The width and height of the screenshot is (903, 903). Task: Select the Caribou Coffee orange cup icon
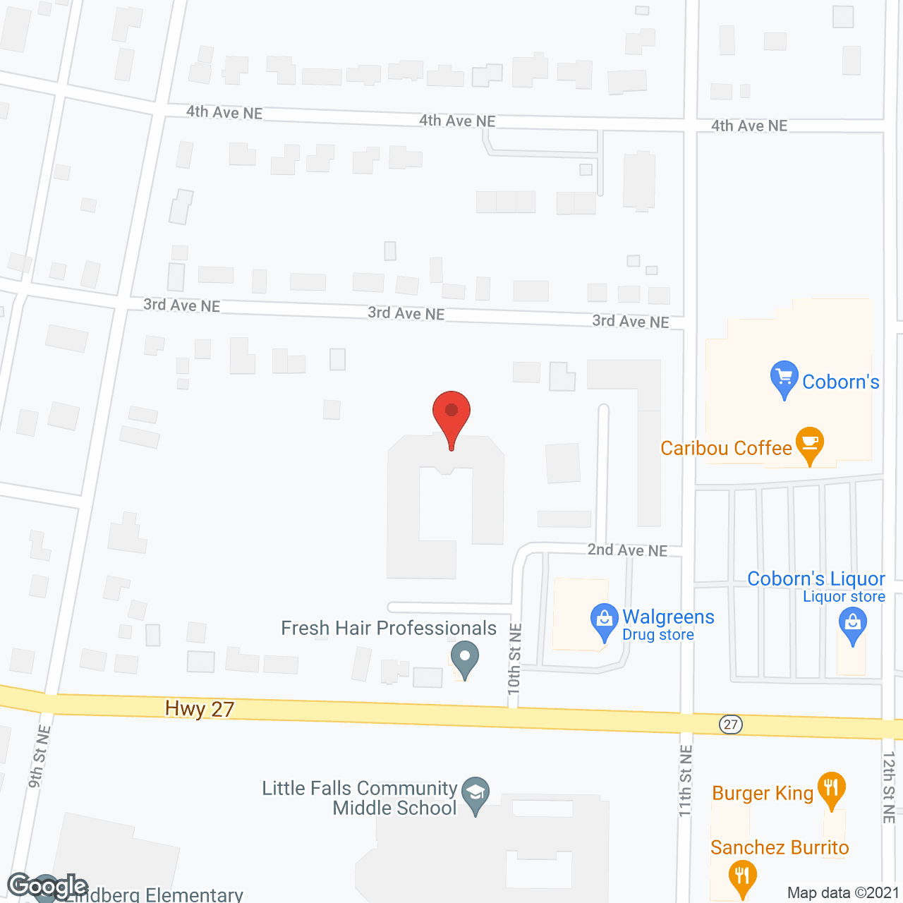(x=810, y=444)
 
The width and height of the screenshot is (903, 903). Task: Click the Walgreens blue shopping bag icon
(x=604, y=620)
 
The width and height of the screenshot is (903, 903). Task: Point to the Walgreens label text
(x=668, y=617)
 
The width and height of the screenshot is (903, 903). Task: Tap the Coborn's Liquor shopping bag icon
(x=853, y=625)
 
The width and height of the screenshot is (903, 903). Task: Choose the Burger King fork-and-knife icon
(x=832, y=788)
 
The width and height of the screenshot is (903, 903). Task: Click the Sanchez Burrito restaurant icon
(x=741, y=877)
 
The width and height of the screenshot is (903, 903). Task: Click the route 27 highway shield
(x=731, y=725)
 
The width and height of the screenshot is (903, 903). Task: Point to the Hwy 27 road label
(x=200, y=708)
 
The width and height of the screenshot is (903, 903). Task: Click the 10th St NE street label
(x=514, y=659)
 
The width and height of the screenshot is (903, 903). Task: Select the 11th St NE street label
(x=686, y=781)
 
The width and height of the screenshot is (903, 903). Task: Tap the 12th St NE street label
(x=889, y=787)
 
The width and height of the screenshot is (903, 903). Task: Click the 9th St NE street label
(x=40, y=756)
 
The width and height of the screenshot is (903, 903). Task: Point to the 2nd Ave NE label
(x=627, y=550)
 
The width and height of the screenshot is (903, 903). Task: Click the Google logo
(x=47, y=885)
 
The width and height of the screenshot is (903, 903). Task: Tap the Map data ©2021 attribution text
(x=843, y=893)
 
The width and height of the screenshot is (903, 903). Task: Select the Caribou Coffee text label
(x=726, y=448)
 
